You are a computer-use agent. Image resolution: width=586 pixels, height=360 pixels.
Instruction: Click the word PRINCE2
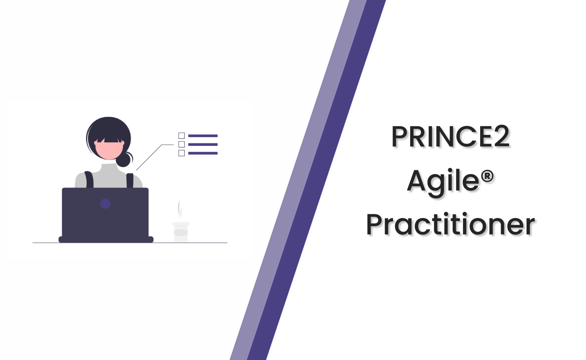coord(450,136)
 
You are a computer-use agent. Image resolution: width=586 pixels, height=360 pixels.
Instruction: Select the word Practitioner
coord(450,225)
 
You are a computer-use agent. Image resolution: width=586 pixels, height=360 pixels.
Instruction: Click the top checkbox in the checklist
coord(182,135)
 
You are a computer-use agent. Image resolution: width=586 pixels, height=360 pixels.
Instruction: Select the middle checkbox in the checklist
coord(182,144)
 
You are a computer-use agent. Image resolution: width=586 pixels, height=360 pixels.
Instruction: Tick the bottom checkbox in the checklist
coord(182,153)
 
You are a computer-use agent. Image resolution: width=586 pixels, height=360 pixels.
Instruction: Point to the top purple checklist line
coord(203,136)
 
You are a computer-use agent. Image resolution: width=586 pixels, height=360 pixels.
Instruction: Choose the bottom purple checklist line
coord(203,153)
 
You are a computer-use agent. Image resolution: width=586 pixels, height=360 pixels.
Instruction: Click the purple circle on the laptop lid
coord(105,204)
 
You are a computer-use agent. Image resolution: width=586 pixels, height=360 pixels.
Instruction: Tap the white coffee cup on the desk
coord(181,232)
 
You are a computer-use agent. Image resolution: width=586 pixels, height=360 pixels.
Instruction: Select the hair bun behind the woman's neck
coord(124,160)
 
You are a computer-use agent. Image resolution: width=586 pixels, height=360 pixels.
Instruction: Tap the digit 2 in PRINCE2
coord(500,136)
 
